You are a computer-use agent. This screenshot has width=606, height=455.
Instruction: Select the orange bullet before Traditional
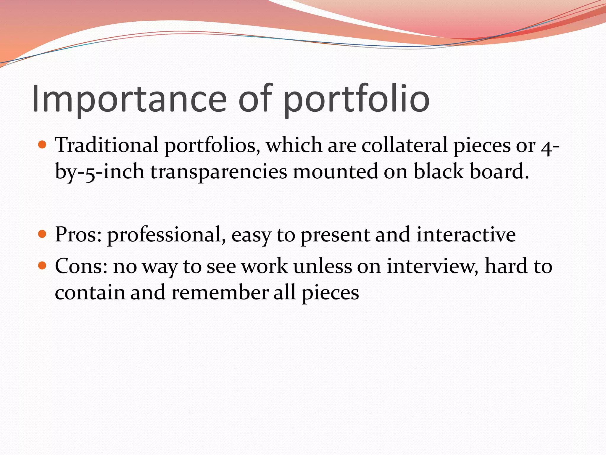click(x=43, y=145)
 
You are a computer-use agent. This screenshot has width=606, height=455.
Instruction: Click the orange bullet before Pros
click(x=43, y=234)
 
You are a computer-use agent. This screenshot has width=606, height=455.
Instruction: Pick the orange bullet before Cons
click(x=43, y=265)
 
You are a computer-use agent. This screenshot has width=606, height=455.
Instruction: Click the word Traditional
click(x=107, y=145)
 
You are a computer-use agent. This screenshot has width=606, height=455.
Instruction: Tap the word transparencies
click(x=219, y=172)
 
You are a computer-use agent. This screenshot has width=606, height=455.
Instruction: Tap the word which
click(x=294, y=145)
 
